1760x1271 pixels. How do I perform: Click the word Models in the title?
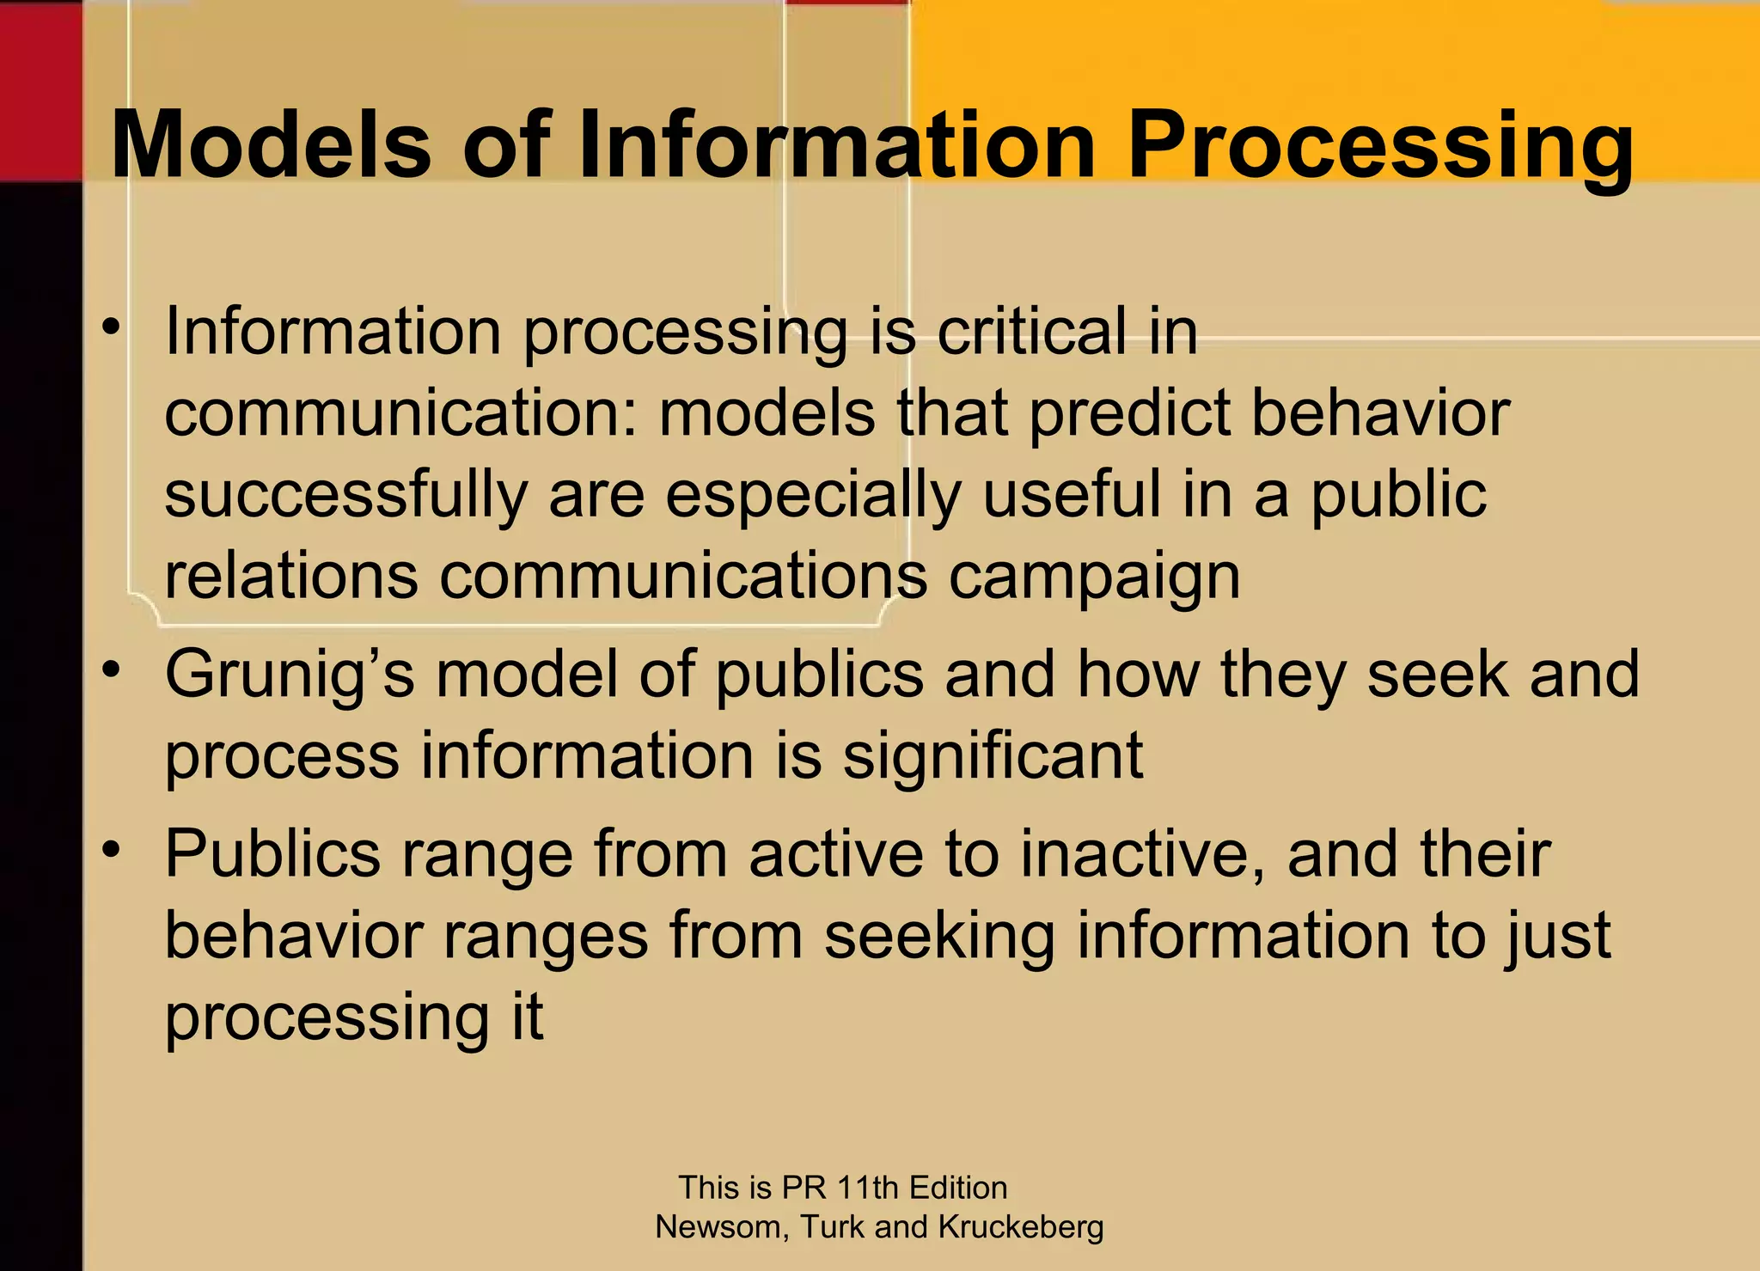coord(271,144)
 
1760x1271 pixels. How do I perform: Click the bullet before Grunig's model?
coord(110,670)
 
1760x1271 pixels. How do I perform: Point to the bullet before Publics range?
coord(110,850)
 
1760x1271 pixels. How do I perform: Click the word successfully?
coord(345,496)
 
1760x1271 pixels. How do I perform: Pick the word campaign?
coord(1094,577)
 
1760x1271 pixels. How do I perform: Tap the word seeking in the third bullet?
coord(938,937)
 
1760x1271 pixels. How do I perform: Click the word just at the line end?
coord(1556,937)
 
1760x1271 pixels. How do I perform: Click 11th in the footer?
coord(868,1188)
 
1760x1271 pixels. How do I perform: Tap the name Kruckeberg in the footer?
coord(1020,1226)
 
